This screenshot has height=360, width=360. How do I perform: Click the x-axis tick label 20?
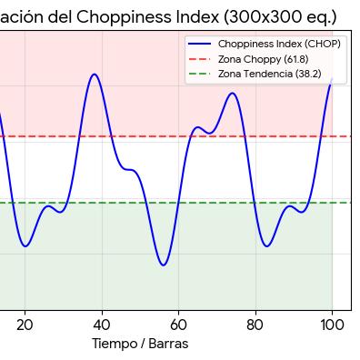[25, 323]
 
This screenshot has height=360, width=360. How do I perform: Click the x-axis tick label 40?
[102, 323]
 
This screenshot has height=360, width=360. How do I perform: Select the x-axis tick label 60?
[178, 323]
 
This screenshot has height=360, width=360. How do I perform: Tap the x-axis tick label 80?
[255, 323]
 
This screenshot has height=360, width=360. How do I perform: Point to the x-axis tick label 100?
[332, 323]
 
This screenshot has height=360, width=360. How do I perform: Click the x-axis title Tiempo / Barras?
[140, 344]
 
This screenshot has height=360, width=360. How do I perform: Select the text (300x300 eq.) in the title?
[282, 16]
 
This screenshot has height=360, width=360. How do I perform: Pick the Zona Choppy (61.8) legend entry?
[264, 58]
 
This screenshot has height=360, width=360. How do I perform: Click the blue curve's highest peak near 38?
[94, 75]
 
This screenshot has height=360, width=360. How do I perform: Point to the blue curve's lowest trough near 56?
[163, 265]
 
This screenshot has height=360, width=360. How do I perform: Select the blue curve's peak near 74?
[233, 93]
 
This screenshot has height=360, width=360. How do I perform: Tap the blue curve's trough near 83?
[266, 245]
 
